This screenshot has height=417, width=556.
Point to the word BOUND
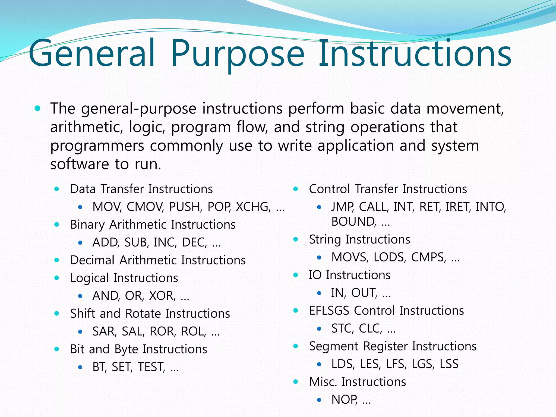click(353, 222)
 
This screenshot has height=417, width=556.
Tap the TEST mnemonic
click(151, 367)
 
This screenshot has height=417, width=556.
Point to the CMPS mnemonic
click(428, 257)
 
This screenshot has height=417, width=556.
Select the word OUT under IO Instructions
click(364, 293)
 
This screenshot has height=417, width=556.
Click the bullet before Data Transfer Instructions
click(57, 189)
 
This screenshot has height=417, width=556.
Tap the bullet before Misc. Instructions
click(296, 382)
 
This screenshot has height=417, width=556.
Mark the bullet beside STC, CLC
click(319, 329)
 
